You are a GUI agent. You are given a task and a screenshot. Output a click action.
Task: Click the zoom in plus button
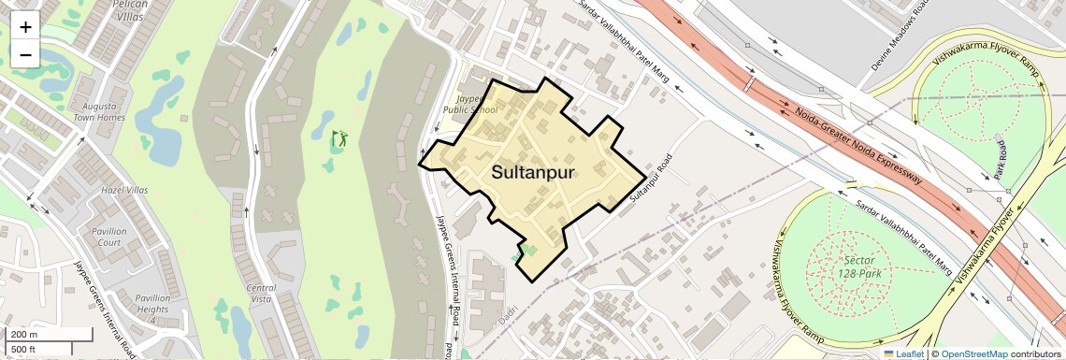[25, 26]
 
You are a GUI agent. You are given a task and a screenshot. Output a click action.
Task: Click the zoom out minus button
[25, 54]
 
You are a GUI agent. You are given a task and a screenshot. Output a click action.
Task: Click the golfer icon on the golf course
[339, 139]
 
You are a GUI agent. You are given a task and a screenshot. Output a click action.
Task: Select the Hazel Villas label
[124, 190]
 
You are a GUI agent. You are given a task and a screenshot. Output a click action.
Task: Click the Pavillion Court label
[108, 237]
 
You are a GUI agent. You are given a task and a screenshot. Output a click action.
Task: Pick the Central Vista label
[261, 294]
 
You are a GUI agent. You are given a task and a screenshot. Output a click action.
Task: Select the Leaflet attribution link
[903, 353]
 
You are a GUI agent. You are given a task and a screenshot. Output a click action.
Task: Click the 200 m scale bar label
[24, 335]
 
